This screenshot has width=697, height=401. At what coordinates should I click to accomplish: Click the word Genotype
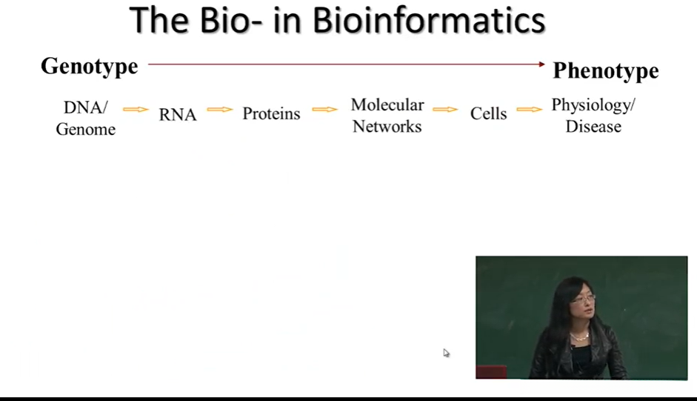(90, 67)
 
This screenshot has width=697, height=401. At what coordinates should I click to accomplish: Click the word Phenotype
(605, 70)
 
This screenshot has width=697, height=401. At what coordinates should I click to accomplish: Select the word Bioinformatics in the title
(429, 21)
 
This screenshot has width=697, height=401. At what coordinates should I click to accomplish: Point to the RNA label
(177, 114)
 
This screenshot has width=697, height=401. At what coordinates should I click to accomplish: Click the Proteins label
(271, 113)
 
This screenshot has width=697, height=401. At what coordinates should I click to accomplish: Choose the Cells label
(489, 113)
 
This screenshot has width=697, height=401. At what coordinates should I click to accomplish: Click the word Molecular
(387, 105)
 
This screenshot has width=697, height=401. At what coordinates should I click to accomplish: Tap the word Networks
(387, 127)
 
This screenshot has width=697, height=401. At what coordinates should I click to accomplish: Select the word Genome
(86, 130)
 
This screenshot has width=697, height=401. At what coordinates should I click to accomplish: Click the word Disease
(593, 127)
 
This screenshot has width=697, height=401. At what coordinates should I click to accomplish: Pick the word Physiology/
(593, 105)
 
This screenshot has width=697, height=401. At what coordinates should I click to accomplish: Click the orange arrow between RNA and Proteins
(220, 110)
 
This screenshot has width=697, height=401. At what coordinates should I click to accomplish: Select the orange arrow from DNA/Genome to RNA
(136, 110)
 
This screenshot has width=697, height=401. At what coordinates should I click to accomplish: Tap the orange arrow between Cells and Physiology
(530, 110)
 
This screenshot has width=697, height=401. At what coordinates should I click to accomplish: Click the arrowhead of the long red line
(542, 64)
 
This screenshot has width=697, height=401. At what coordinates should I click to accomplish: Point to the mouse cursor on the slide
(447, 353)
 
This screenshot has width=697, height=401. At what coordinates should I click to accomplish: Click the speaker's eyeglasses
(583, 299)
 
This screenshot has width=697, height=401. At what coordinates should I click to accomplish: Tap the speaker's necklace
(580, 336)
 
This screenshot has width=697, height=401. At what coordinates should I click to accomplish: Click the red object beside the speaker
(491, 372)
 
